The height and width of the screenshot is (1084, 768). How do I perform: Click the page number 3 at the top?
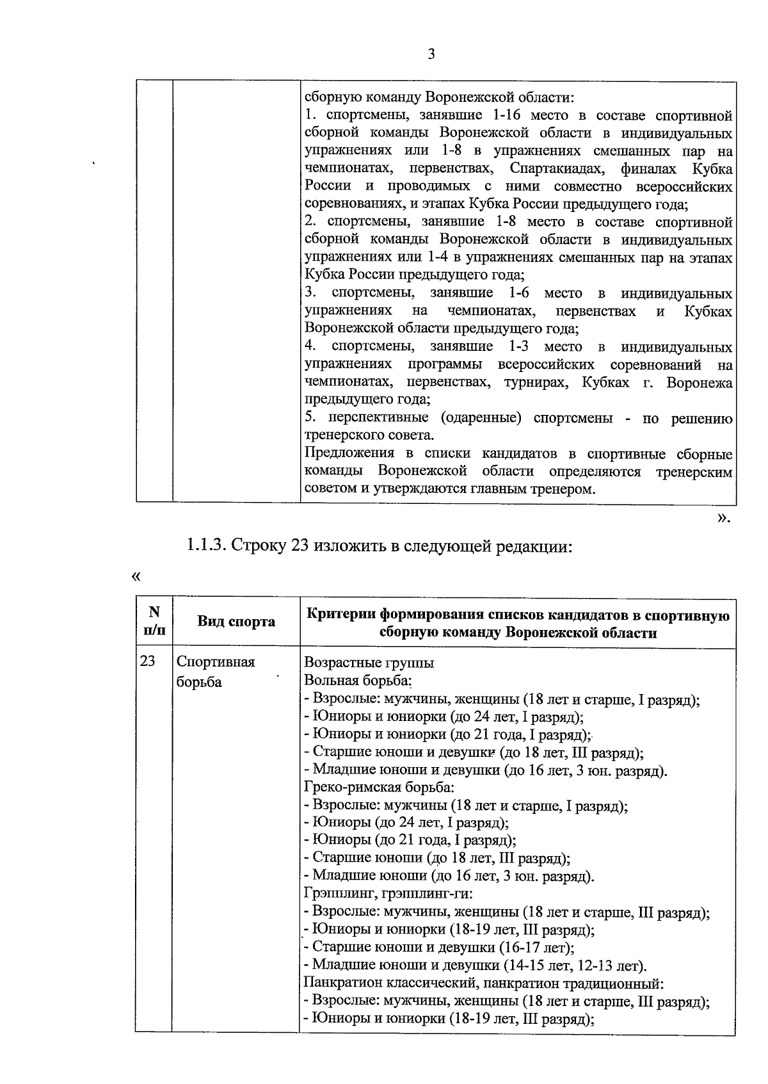coord(431,54)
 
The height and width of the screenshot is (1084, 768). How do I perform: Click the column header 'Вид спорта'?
coord(236,621)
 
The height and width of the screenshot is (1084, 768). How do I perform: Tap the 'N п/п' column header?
coord(154,620)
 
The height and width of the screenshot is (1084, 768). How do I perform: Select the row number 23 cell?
coord(148,661)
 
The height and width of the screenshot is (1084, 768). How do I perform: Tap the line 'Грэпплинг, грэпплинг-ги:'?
coord(388,894)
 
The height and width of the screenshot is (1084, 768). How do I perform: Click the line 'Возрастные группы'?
coord(369,663)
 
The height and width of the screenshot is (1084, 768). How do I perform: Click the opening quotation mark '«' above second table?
coord(135,576)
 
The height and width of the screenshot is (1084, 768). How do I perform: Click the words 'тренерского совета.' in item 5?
coord(369,435)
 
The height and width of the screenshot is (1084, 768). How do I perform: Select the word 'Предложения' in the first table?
coord(349,453)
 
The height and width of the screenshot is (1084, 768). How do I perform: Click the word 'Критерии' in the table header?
coord(341,615)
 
